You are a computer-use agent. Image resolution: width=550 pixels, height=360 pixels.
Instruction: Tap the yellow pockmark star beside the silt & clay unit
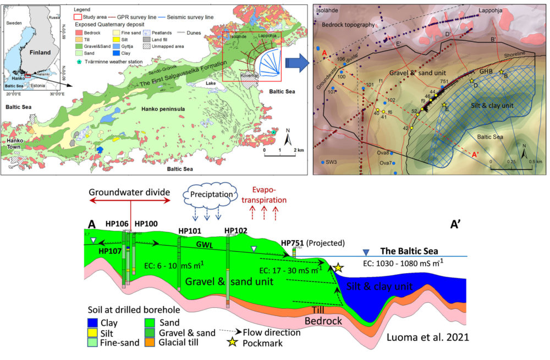tap(338, 268)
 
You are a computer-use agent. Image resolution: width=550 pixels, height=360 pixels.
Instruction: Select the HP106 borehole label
tap(115, 224)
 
